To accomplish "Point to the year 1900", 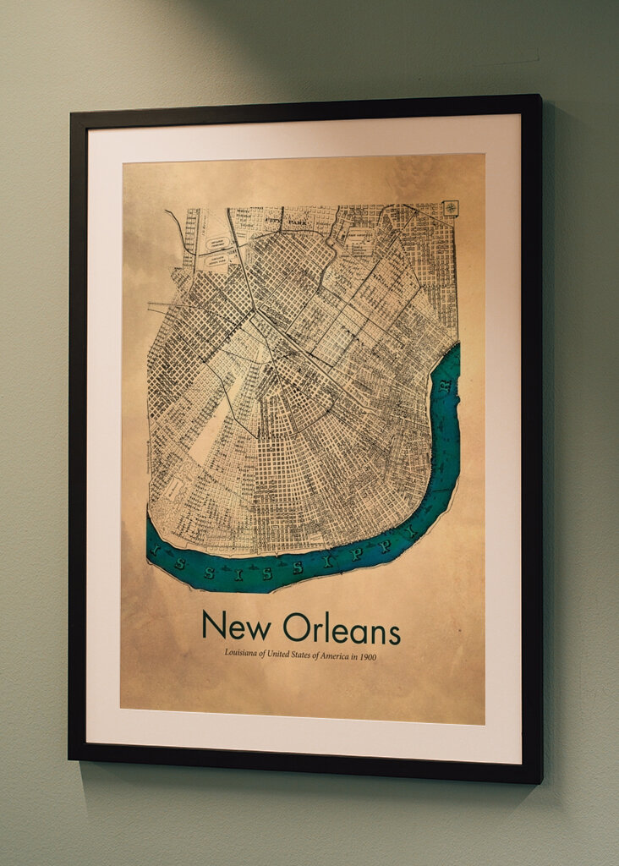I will pyautogui.click(x=366, y=656).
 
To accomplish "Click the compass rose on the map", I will pyautogui.click(x=452, y=208).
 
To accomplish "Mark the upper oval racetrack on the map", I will pyautogui.click(x=217, y=240).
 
